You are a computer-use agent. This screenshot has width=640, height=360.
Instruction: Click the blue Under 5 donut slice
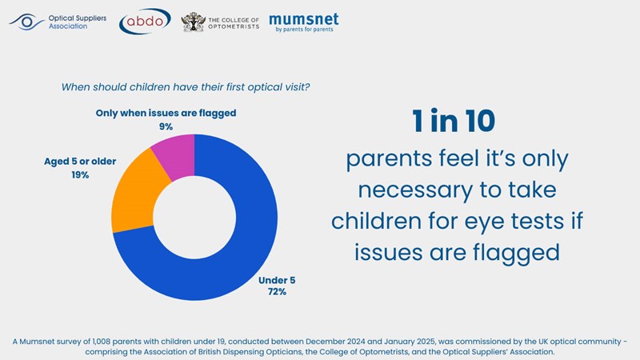pos(240,248)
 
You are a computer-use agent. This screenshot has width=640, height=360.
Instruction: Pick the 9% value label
pos(166,126)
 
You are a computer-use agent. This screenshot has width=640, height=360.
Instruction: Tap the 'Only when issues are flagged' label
pos(166,113)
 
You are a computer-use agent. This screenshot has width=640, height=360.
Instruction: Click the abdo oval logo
pos(144,22)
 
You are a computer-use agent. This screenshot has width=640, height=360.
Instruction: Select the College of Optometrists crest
pos(193,22)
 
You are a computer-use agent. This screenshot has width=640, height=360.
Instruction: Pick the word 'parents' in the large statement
pos(385,159)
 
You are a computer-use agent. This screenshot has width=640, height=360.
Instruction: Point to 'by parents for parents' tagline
pos(306,30)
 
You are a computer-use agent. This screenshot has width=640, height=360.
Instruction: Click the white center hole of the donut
pos(194,217)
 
